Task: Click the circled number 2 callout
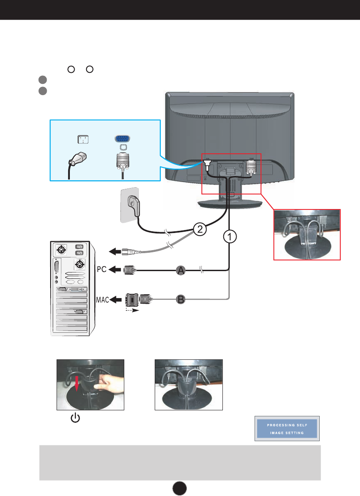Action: [198, 229]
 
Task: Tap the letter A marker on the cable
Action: [182, 270]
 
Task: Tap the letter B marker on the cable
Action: [181, 300]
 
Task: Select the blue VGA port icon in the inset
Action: [123, 139]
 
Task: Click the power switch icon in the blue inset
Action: [82, 139]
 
